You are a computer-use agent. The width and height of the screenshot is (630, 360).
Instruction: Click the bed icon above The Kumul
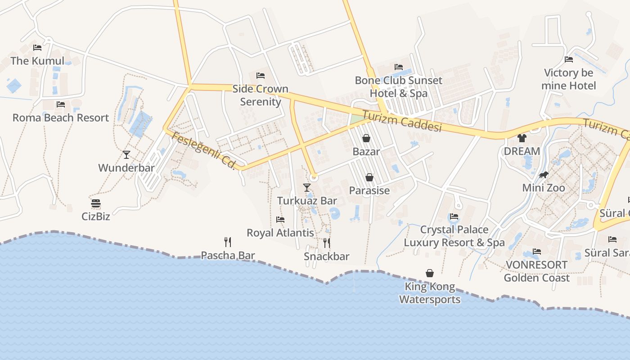[37, 47]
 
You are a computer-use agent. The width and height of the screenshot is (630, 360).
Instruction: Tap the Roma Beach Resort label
[61, 117]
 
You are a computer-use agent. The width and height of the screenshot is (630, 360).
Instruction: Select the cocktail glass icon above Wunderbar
[126, 155]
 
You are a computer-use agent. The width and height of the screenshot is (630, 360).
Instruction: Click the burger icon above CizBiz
[95, 203]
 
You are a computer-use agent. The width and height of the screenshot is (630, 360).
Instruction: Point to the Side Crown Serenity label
[260, 95]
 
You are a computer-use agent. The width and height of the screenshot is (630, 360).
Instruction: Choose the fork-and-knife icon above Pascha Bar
[228, 242]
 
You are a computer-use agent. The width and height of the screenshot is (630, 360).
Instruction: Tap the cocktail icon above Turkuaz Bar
[307, 187]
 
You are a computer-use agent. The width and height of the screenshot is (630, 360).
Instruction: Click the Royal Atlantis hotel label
[280, 233]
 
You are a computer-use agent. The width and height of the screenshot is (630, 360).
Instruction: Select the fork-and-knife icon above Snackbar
[327, 243]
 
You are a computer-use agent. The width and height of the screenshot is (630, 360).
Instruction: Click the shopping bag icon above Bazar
[366, 138]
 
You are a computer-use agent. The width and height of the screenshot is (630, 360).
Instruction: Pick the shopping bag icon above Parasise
[369, 177]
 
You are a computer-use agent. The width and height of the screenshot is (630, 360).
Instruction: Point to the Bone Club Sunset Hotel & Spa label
[399, 87]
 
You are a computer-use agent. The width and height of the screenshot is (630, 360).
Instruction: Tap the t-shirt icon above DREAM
[522, 138]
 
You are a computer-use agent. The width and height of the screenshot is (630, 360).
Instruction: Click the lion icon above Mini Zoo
[544, 175]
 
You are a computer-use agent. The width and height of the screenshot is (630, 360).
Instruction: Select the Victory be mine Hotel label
[569, 79]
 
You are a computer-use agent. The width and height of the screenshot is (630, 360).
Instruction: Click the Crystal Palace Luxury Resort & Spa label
[454, 236]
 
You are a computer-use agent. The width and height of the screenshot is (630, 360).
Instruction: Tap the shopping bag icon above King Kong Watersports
[430, 273]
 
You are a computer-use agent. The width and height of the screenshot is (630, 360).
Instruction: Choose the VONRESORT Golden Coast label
[536, 271]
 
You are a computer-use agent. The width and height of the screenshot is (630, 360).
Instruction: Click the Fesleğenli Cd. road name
[204, 151]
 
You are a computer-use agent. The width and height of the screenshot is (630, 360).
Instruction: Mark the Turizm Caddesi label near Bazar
[401, 121]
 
